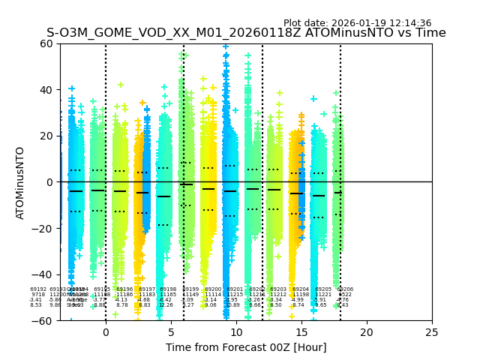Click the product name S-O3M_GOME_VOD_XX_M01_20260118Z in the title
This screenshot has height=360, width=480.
coord(151,33)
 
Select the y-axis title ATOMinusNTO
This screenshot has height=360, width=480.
coord(21,182)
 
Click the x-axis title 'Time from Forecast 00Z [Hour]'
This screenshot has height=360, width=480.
coord(245,347)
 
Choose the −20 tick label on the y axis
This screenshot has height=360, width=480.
coord(45,229)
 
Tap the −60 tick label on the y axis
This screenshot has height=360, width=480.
coord(45,321)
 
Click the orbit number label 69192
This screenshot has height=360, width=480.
coord(38,289)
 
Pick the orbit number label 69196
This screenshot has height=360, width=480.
coord(124,289)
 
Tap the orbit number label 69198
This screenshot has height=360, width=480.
coord(168,289)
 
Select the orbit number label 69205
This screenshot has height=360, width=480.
coord(323,289)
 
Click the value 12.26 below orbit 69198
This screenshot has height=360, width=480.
coord(166,305)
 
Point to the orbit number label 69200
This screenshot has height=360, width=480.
coord(213,289)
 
